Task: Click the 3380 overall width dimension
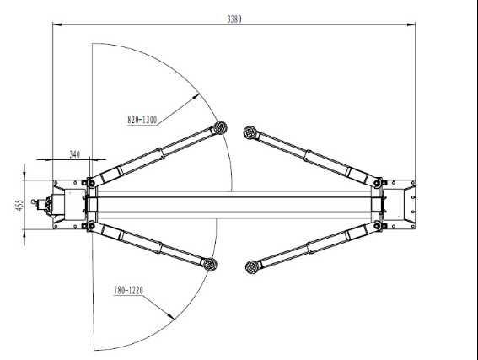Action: click(x=234, y=18)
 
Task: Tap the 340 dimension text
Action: click(x=74, y=154)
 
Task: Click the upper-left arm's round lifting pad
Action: click(x=221, y=128)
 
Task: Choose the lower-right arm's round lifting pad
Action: click(x=250, y=267)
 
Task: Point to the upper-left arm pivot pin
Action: click(x=89, y=182)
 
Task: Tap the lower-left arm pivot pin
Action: click(x=89, y=227)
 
